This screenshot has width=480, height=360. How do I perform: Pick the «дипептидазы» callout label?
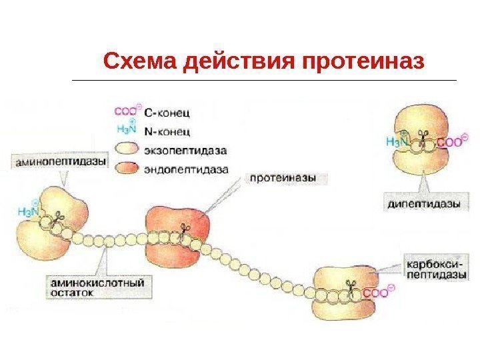pyautogui.click(x=424, y=204)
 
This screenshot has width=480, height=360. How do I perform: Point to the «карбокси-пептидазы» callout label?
pyautogui.click(x=433, y=267)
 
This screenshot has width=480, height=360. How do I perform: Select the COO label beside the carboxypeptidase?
pyautogui.click(x=379, y=293)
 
